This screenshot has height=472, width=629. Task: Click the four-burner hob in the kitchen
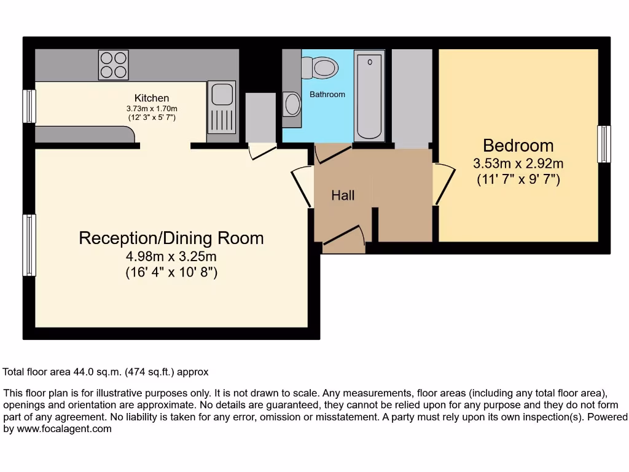tap(114, 65)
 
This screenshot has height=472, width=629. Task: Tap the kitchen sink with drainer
tap(220, 107)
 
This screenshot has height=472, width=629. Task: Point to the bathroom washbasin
tap(292, 104)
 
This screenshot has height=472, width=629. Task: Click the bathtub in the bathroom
tap(370, 95)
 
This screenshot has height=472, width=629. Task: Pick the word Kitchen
tap(152, 98)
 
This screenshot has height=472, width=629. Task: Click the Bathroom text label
tap(327, 95)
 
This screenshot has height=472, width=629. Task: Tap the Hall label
tap(343, 195)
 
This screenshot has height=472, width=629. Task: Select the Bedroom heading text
tap(518, 146)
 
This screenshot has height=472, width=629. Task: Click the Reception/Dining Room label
tap(171, 238)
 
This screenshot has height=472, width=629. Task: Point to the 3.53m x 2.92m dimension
tap(518, 164)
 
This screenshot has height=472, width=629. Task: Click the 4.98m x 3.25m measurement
tap(171, 256)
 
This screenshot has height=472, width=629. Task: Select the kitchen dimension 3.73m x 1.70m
tap(152, 108)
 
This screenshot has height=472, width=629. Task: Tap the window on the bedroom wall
tap(604, 144)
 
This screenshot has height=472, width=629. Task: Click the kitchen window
tap(29, 106)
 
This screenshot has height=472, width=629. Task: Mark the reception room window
tap(29, 245)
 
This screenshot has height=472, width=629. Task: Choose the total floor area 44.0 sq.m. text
tap(106, 372)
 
